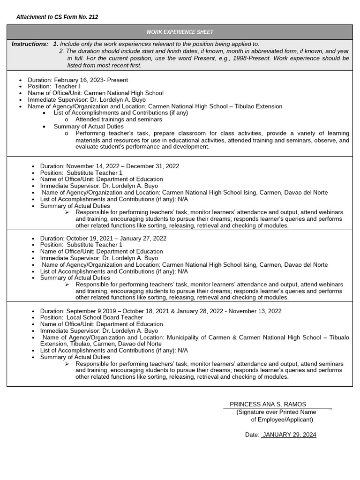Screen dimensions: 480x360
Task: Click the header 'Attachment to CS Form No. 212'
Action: [57, 17]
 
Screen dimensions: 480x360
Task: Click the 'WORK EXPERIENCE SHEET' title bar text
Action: [180, 32]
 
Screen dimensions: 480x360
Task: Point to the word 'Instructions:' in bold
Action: [30, 44]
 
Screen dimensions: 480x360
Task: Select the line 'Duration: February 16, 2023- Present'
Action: [78, 80]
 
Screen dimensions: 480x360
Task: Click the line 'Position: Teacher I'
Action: [54, 87]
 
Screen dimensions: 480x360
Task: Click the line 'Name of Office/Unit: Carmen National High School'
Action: [96, 93]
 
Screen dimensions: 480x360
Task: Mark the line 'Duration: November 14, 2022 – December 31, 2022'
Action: [110, 166]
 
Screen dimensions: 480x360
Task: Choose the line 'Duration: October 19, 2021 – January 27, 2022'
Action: [103, 238]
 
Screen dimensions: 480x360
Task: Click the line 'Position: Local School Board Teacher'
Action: [91, 317]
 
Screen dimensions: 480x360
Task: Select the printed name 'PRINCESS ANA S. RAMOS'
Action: [268, 404]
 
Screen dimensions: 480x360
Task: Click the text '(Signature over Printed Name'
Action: [276, 412]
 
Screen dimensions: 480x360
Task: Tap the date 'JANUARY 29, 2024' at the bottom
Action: [289, 435]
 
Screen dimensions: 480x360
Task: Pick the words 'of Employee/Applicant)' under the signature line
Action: [282, 420]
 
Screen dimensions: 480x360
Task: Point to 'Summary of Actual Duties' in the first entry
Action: [89, 126]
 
